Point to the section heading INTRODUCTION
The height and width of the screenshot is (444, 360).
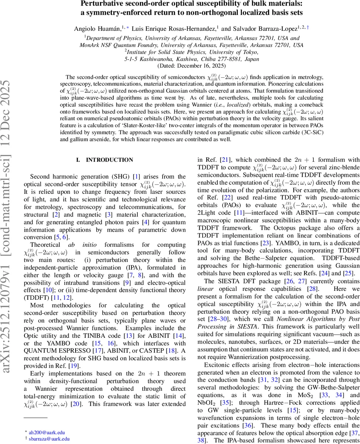coord(109,160)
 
